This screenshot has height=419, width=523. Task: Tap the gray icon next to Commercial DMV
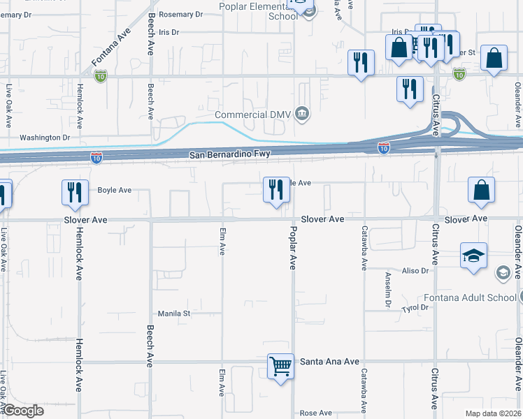point(302,114)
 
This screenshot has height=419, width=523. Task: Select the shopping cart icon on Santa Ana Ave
point(280,365)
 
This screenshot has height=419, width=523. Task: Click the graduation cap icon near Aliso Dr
point(473,256)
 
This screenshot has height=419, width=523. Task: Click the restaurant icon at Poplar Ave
point(276,190)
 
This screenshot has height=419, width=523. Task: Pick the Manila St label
point(173,314)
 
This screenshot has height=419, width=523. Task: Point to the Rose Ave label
point(315,413)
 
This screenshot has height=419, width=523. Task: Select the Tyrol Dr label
point(415,307)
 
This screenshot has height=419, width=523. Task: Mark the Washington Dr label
point(45,138)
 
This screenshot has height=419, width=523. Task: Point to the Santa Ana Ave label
point(329,362)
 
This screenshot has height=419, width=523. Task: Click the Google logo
point(22,411)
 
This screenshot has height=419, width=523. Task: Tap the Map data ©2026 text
point(493,413)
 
